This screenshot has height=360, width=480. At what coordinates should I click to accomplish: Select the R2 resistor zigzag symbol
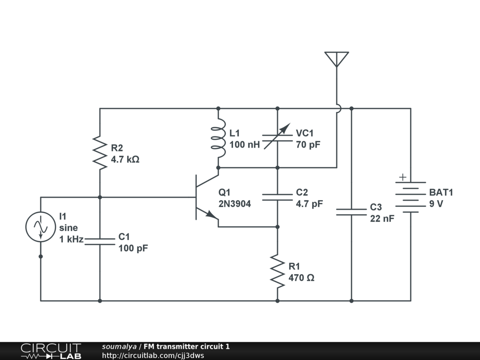pyautogui.click(x=100, y=153)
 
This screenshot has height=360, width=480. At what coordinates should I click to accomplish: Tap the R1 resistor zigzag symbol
pyautogui.click(x=277, y=271)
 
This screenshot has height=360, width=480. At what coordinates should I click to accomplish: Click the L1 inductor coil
pyautogui.click(x=218, y=138)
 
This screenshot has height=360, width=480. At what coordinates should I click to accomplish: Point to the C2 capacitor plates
pyautogui.click(x=277, y=197)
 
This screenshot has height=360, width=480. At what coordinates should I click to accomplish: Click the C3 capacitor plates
pyautogui.click(x=351, y=212)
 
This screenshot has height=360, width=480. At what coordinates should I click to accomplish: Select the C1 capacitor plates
pyautogui.click(x=100, y=241)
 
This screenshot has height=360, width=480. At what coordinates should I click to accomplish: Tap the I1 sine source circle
pyautogui.click(x=41, y=227)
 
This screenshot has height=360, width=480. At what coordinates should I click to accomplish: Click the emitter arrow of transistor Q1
pyautogui.click(x=211, y=214)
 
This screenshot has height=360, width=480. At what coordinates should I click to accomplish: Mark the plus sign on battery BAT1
pyautogui.click(x=403, y=177)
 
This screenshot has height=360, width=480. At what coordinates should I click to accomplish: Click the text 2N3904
pyautogui.click(x=234, y=204)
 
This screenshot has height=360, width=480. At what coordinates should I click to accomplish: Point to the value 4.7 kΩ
pyautogui.click(x=125, y=159)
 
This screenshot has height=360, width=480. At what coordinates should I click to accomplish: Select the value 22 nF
pyautogui.click(x=382, y=218)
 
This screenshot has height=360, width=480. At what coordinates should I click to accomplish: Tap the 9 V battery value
pyautogui.click(x=436, y=204)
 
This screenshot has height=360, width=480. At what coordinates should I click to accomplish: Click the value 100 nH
pyautogui.click(x=245, y=144)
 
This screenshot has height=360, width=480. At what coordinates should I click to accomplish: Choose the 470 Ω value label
pyautogui.click(x=301, y=278)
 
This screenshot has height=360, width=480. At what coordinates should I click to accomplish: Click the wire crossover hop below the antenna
pyautogui.click(x=338, y=108)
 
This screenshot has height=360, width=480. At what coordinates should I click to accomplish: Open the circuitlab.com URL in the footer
pyautogui.click(x=153, y=355)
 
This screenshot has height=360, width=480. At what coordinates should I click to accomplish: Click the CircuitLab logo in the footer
pyautogui.click(x=51, y=351)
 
